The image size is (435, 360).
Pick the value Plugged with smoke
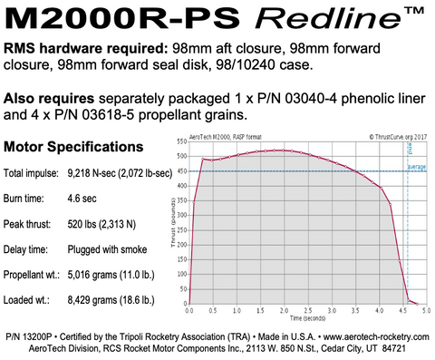point(111,246)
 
